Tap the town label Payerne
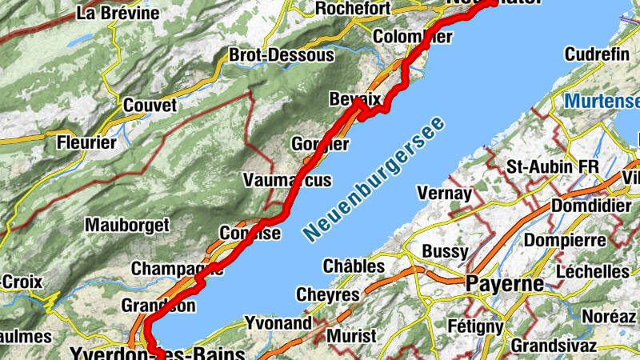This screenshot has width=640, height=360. point(504,284)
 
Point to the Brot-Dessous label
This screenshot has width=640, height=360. point(281,55)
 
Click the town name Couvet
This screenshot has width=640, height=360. point(150,106)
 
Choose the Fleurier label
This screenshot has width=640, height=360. point(87,144)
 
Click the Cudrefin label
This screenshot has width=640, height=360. point(596,54)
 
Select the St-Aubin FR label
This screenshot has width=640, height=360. point(553,166)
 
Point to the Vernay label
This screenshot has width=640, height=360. point(444,194)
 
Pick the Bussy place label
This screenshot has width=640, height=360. point(444,251)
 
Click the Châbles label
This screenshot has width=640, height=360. point(354,266)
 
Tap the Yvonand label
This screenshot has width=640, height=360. point(274,323)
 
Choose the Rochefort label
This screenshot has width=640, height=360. point(353,9)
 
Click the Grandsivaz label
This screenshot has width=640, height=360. point(554,346)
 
